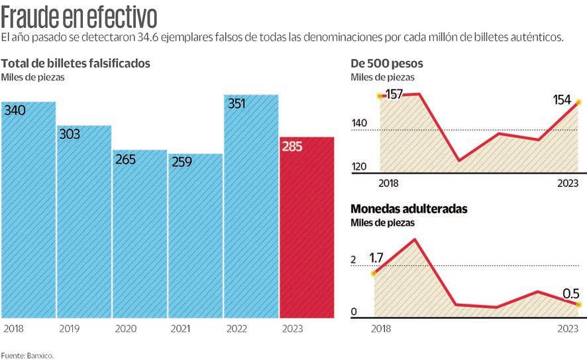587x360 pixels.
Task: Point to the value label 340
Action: (15, 110)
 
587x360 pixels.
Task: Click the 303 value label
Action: (69, 134)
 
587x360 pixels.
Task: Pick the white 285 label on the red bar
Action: (292, 146)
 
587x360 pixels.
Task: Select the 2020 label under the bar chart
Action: (125, 328)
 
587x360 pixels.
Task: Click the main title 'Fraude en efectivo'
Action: (80, 15)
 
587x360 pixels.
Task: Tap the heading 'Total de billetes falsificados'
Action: (76, 64)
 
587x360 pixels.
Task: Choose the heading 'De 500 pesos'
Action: (387, 64)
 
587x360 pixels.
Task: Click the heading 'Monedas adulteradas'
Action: (409, 209)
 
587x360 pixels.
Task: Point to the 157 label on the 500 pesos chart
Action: (394, 94)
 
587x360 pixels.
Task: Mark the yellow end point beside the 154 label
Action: (578, 102)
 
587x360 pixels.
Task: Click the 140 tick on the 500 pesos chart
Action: (359, 123)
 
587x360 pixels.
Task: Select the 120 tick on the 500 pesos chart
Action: (359, 166)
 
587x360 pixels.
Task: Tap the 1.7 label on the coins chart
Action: (376, 258)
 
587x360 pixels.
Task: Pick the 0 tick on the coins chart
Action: (354, 312)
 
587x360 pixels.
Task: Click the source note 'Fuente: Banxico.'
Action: (27, 355)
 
